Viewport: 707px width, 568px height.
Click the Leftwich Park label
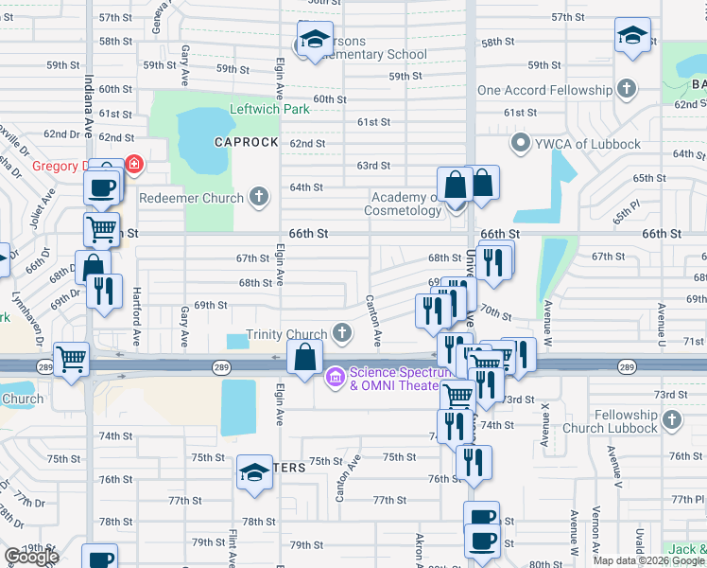pyautogui.click(x=269, y=110)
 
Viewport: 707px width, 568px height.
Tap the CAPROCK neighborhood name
pyautogui.click(x=246, y=142)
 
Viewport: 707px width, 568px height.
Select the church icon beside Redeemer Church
pyautogui.click(x=258, y=198)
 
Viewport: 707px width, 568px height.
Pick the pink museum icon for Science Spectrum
pyautogui.click(x=334, y=378)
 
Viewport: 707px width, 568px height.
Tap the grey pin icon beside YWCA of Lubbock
pyautogui.click(x=518, y=144)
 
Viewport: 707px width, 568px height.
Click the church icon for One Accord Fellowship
pyautogui.click(x=626, y=90)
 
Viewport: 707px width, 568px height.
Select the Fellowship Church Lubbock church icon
pyautogui.click(x=672, y=418)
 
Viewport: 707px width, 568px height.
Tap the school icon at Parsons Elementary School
pyautogui.click(x=312, y=40)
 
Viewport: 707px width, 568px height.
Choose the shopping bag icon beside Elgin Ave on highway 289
pyautogui.click(x=303, y=358)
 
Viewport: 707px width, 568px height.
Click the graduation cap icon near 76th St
pyautogui.click(x=254, y=472)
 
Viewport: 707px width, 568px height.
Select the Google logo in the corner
pyautogui.click(x=31, y=557)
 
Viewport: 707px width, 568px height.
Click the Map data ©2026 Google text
pyautogui.click(x=649, y=560)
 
